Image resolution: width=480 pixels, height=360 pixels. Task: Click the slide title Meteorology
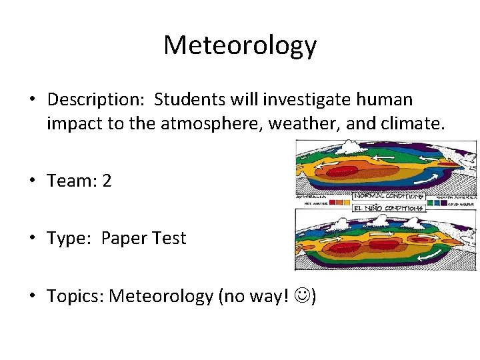(x=240, y=45)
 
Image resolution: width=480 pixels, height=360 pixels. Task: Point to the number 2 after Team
(x=107, y=181)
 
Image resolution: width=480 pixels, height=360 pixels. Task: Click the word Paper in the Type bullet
(x=125, y=238)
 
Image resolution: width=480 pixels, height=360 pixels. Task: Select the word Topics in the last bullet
(x=73, y=295)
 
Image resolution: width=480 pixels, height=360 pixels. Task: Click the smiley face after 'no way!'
(x=306, y=296)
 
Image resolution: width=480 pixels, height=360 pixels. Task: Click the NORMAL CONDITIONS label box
(x=388, y=197)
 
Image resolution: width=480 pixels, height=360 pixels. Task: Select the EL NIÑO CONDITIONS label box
(x=388, y=208)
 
